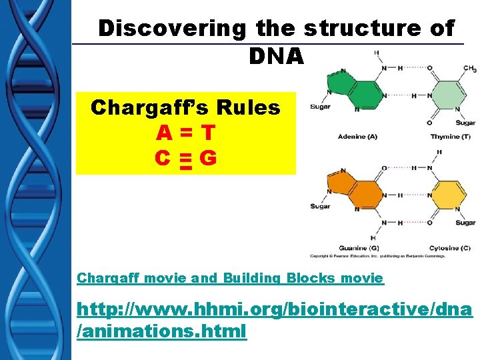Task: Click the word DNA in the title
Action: (276, 57)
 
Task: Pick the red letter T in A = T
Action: (208, 133)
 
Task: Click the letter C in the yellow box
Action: (161, 159)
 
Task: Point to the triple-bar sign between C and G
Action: (185, 160)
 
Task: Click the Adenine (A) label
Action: (357, 137)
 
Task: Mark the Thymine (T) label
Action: (449, 137)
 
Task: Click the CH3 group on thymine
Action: (469, 69)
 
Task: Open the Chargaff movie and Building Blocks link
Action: (230, 278)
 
